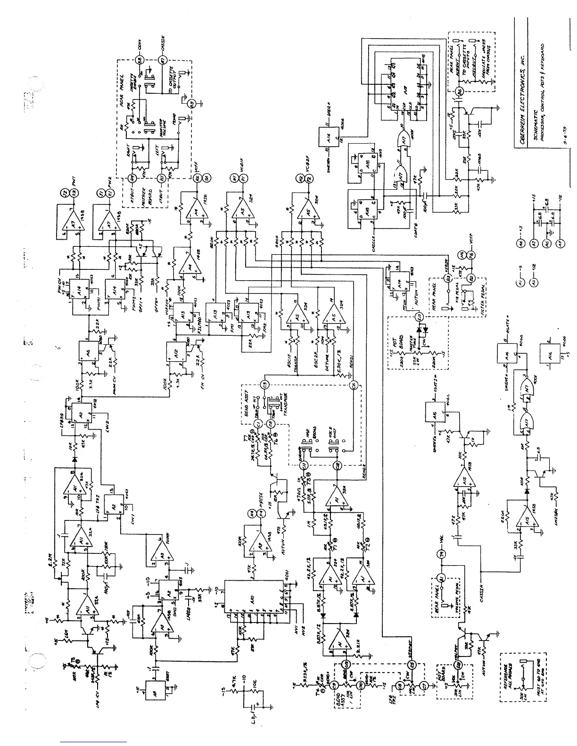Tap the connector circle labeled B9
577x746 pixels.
192,104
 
